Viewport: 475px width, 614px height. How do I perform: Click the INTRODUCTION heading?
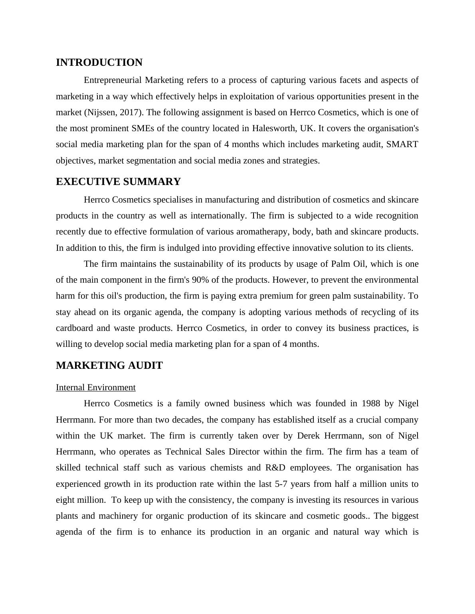pyautogui.click(x=99, y=63)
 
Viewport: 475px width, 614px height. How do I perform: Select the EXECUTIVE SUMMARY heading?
pyautogui.click(x=118, y=182)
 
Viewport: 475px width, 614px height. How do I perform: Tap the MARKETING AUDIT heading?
pyautogui.click(x=109, y=366)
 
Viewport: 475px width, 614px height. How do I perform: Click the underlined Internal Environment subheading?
pyautogui.click(x=96, y=388)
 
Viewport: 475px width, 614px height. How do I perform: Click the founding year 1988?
pyautogui.click(x=371, y=403)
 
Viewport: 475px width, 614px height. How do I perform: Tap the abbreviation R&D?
pyautogui.click(x=275, y=468)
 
